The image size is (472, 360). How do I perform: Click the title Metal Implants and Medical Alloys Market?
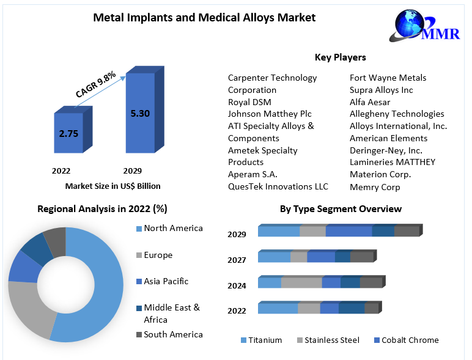(204, 18)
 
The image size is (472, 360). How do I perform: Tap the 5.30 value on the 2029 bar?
(140, 112)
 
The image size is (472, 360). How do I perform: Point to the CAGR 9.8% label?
(95, 84)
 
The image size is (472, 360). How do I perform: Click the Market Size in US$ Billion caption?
(112, 186)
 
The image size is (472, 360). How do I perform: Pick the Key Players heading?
(340, 57)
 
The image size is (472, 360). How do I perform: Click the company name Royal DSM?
(249, 102)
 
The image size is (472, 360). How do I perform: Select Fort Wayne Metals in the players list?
(388, 78)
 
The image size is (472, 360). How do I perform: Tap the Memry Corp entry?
(375, 187)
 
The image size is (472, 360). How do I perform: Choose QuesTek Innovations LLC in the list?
(278, 186)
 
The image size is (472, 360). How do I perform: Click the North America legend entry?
(173, 229)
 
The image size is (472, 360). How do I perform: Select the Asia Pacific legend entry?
(166, 282)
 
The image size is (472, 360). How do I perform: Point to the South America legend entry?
(173, 335)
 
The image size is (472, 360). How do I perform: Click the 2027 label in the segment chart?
(237, 260)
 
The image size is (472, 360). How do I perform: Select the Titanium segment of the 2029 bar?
(279, 231)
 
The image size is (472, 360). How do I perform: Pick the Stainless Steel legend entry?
(331, 340)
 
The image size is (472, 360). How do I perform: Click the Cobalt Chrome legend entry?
(410, 340)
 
